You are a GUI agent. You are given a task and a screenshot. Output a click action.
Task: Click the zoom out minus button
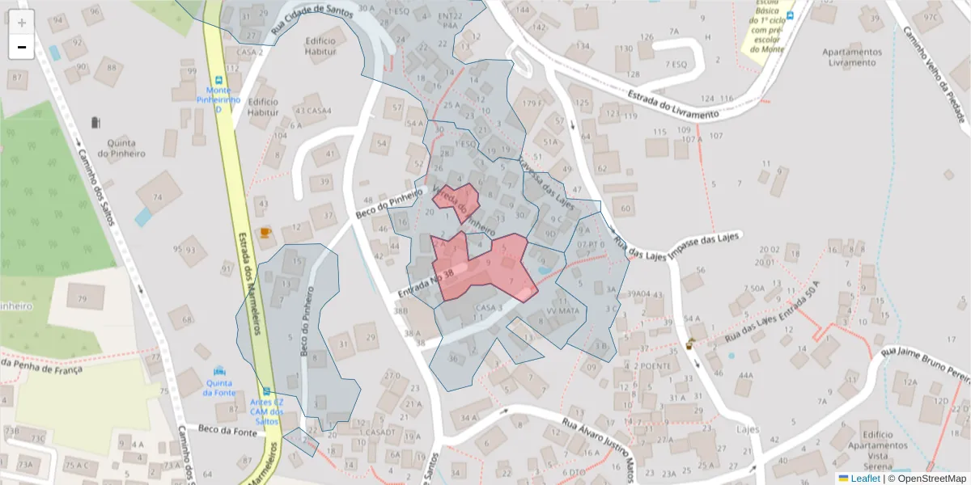tap(22, 47)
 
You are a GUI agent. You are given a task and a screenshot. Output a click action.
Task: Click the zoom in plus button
tap(22, 22)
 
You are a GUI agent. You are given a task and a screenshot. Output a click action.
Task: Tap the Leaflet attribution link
tap(864, 479)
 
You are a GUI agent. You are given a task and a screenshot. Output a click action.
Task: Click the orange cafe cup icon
tap(265, 233)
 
